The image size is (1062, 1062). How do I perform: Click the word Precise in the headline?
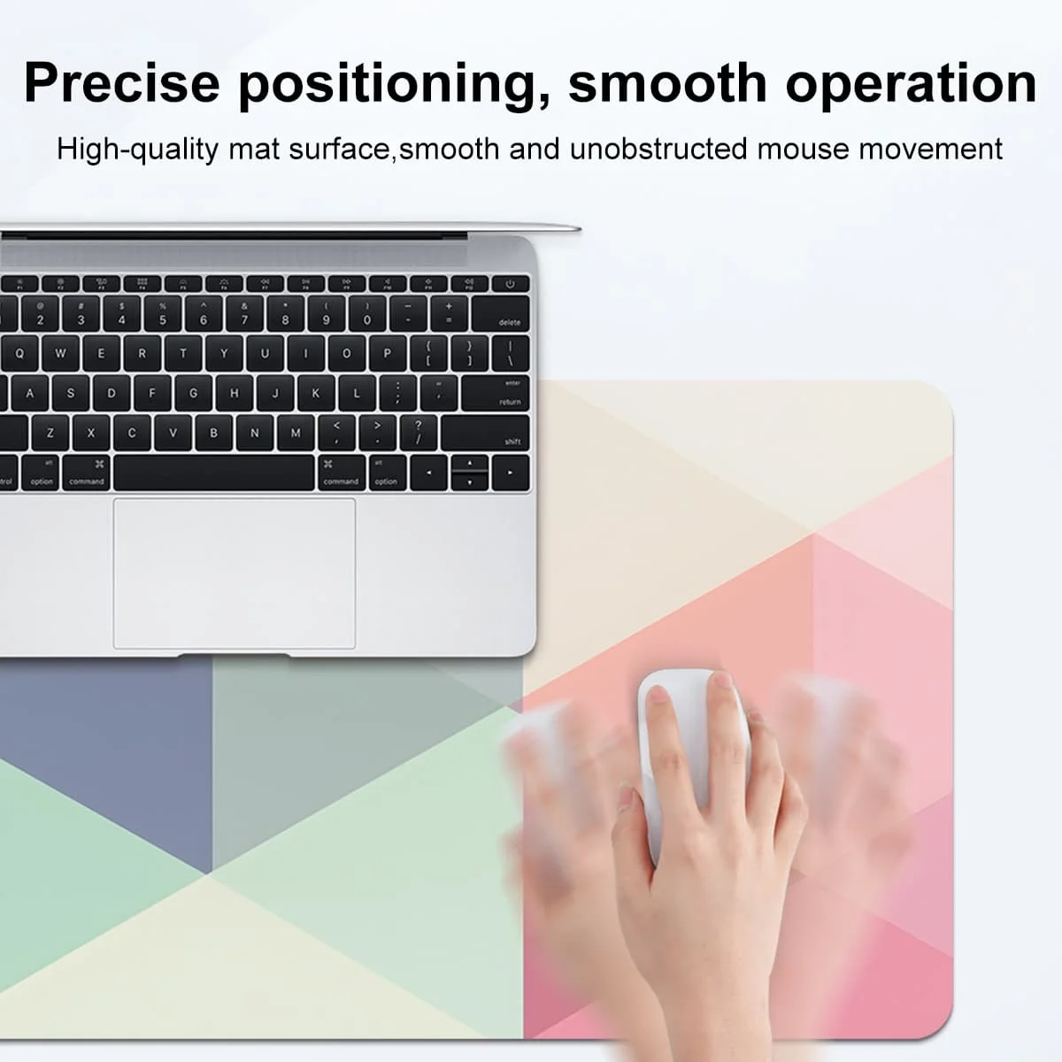tap(122, 83)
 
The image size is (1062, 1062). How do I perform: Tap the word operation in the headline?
tap(912, 84)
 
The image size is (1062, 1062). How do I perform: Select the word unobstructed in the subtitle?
tap(658, 149)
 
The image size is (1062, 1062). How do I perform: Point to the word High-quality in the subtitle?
tap(138, 150)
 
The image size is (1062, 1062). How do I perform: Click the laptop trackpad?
tap(235, 573)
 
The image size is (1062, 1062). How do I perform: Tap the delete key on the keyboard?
tap(500, 313)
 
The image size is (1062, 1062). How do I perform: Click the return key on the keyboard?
tap(495, 393)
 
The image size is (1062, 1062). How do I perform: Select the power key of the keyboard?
tap(510, 284)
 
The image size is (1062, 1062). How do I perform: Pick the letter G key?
tap(194, 393)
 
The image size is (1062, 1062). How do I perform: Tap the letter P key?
tap(387, 353)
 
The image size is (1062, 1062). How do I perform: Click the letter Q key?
tap(19, 353)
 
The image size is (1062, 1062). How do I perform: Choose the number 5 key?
tap(163, 313)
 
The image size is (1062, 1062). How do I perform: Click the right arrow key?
tap(511, 473)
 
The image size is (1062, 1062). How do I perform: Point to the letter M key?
tap(296, 433)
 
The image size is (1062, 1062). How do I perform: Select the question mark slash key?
tap(419, 433)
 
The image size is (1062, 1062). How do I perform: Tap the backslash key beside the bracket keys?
tap(511, 353)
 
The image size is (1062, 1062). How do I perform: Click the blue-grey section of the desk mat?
tap(104, 760)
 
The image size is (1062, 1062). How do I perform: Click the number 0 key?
tap(367, 313)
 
